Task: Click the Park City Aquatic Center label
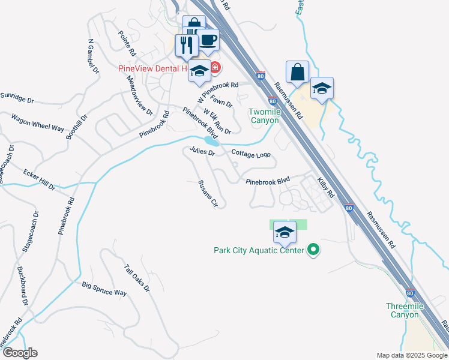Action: tap(258, 250)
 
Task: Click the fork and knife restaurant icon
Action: tap(186, 44)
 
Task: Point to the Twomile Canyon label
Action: tap(264, 116)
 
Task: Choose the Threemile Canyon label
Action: tap(405, 310)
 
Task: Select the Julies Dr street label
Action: tap(202, 152)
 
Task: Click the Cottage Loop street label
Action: tap(252, 154)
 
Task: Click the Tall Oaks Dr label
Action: tap(136, 278)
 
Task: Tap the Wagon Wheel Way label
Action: tap(37, 124)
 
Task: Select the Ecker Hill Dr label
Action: tap(39, 179)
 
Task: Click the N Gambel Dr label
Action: tap(93, 58)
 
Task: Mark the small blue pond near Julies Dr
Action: tap(210, 141)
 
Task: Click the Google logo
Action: tap(19, 353)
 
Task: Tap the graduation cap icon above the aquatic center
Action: tap(285, 232)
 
